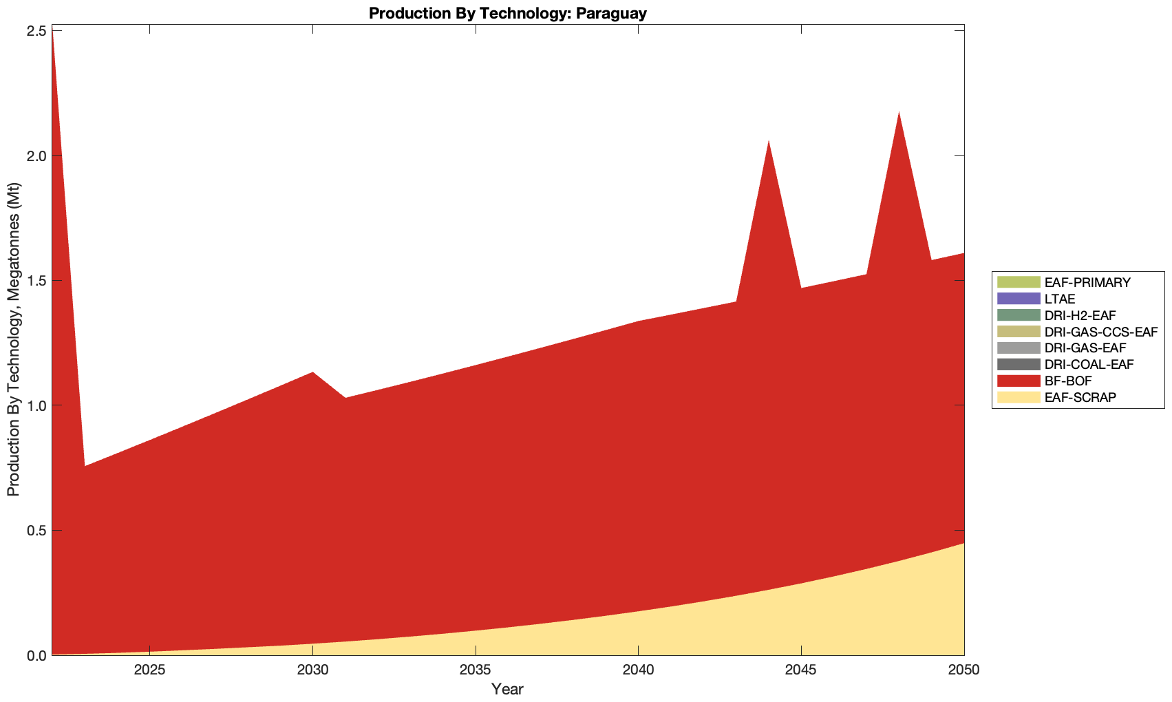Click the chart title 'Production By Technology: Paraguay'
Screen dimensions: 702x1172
click(x=507, y=13)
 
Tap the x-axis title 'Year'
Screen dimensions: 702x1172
click(x=507, y=689)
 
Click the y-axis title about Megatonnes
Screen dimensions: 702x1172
click(x=13, y=340)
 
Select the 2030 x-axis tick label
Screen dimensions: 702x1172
click(x=312, y=670)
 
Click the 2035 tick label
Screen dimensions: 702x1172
click(x=476, y=670)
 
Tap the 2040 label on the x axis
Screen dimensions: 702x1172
click(x=638, y=670)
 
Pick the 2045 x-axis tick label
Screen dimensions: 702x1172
click(x=801, y=670)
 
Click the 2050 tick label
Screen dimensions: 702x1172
click(x=963, y=670)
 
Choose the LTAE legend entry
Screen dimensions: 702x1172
click(x=1059, y=299)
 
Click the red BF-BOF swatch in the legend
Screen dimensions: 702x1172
click(x=1018, y=381)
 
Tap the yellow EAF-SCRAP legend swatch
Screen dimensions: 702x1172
click(x=1018, y=397)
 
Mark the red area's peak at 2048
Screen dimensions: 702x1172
click(x=899, y=111)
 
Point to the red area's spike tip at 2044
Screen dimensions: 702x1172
click(x=769, y=140)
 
